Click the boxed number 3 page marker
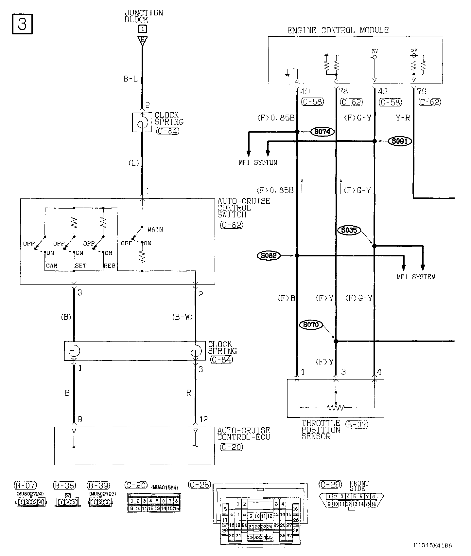pos(22,24)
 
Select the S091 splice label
pos(400,141)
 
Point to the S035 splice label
pos(349,230)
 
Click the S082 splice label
pos(269,255)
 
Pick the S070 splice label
pos(311,325)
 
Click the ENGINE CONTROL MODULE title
pos(338,30)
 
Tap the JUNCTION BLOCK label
pos(143,16)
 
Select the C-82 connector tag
pos(232,225)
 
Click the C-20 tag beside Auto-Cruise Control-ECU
pos(232,447)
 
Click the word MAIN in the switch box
pos(155,230)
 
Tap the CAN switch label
pos(52,266)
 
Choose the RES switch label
pos(110,266)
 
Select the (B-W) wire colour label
pos(182,317)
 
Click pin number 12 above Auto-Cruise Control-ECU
pos(203,419)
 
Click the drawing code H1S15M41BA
pos(433,545)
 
